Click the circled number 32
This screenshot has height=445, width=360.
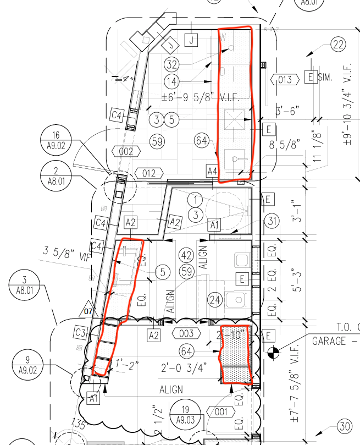coord(172,64)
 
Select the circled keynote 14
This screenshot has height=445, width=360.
coord(172,81)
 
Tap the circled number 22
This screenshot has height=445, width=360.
coord(338,45)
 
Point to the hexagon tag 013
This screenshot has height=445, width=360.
coord(285,80)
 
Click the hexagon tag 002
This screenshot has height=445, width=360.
coord(126,151)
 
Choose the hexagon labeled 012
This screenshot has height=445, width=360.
coord(149,174)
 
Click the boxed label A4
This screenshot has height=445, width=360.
coord(212,171)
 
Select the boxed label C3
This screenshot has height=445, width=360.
coord(80,333)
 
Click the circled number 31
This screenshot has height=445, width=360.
coord(272,221)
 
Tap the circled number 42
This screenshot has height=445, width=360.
coord(186,255)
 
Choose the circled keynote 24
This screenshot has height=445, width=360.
coord(214,300)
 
